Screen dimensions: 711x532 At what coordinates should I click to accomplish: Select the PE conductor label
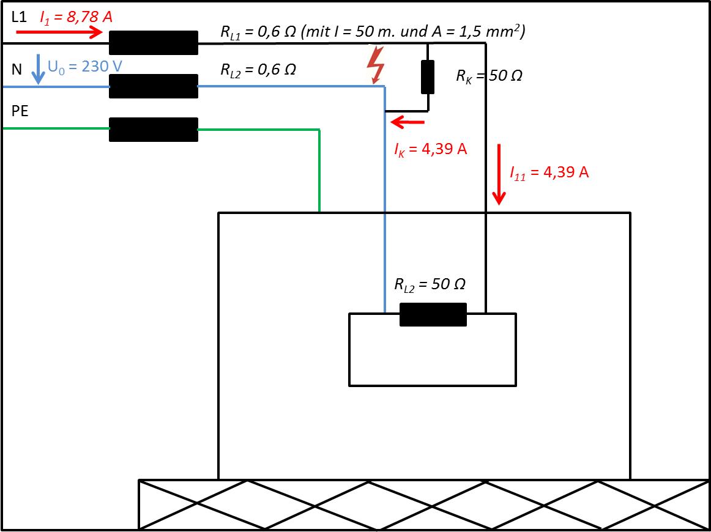click(x=20, y=111)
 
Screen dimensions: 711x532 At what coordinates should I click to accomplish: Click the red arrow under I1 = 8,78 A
click(x=59, y=32)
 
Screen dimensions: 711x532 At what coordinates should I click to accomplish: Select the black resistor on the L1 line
click(x=154, y=43)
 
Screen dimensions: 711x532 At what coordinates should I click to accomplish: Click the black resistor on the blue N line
click(x=154, y=86)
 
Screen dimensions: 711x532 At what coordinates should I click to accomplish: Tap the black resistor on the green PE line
click(x=154, y=129)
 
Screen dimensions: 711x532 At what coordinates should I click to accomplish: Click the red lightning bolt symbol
click(x=376, y=65)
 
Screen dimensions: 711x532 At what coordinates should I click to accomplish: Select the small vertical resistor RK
click(x=428, y=77)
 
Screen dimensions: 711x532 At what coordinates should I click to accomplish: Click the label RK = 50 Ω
click(x=489, y=76)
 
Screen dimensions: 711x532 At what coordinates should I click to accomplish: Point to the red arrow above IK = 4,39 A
click(x=408, y=122)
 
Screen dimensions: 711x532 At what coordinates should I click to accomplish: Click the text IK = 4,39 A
click(x=430, y=150)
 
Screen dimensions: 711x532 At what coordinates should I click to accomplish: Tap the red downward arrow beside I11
click(x=499, y=175)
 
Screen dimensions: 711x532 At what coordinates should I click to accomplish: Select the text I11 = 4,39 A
click(x=549, y=172)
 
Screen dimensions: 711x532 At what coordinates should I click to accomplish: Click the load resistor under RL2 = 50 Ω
click(x=433, y=314)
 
